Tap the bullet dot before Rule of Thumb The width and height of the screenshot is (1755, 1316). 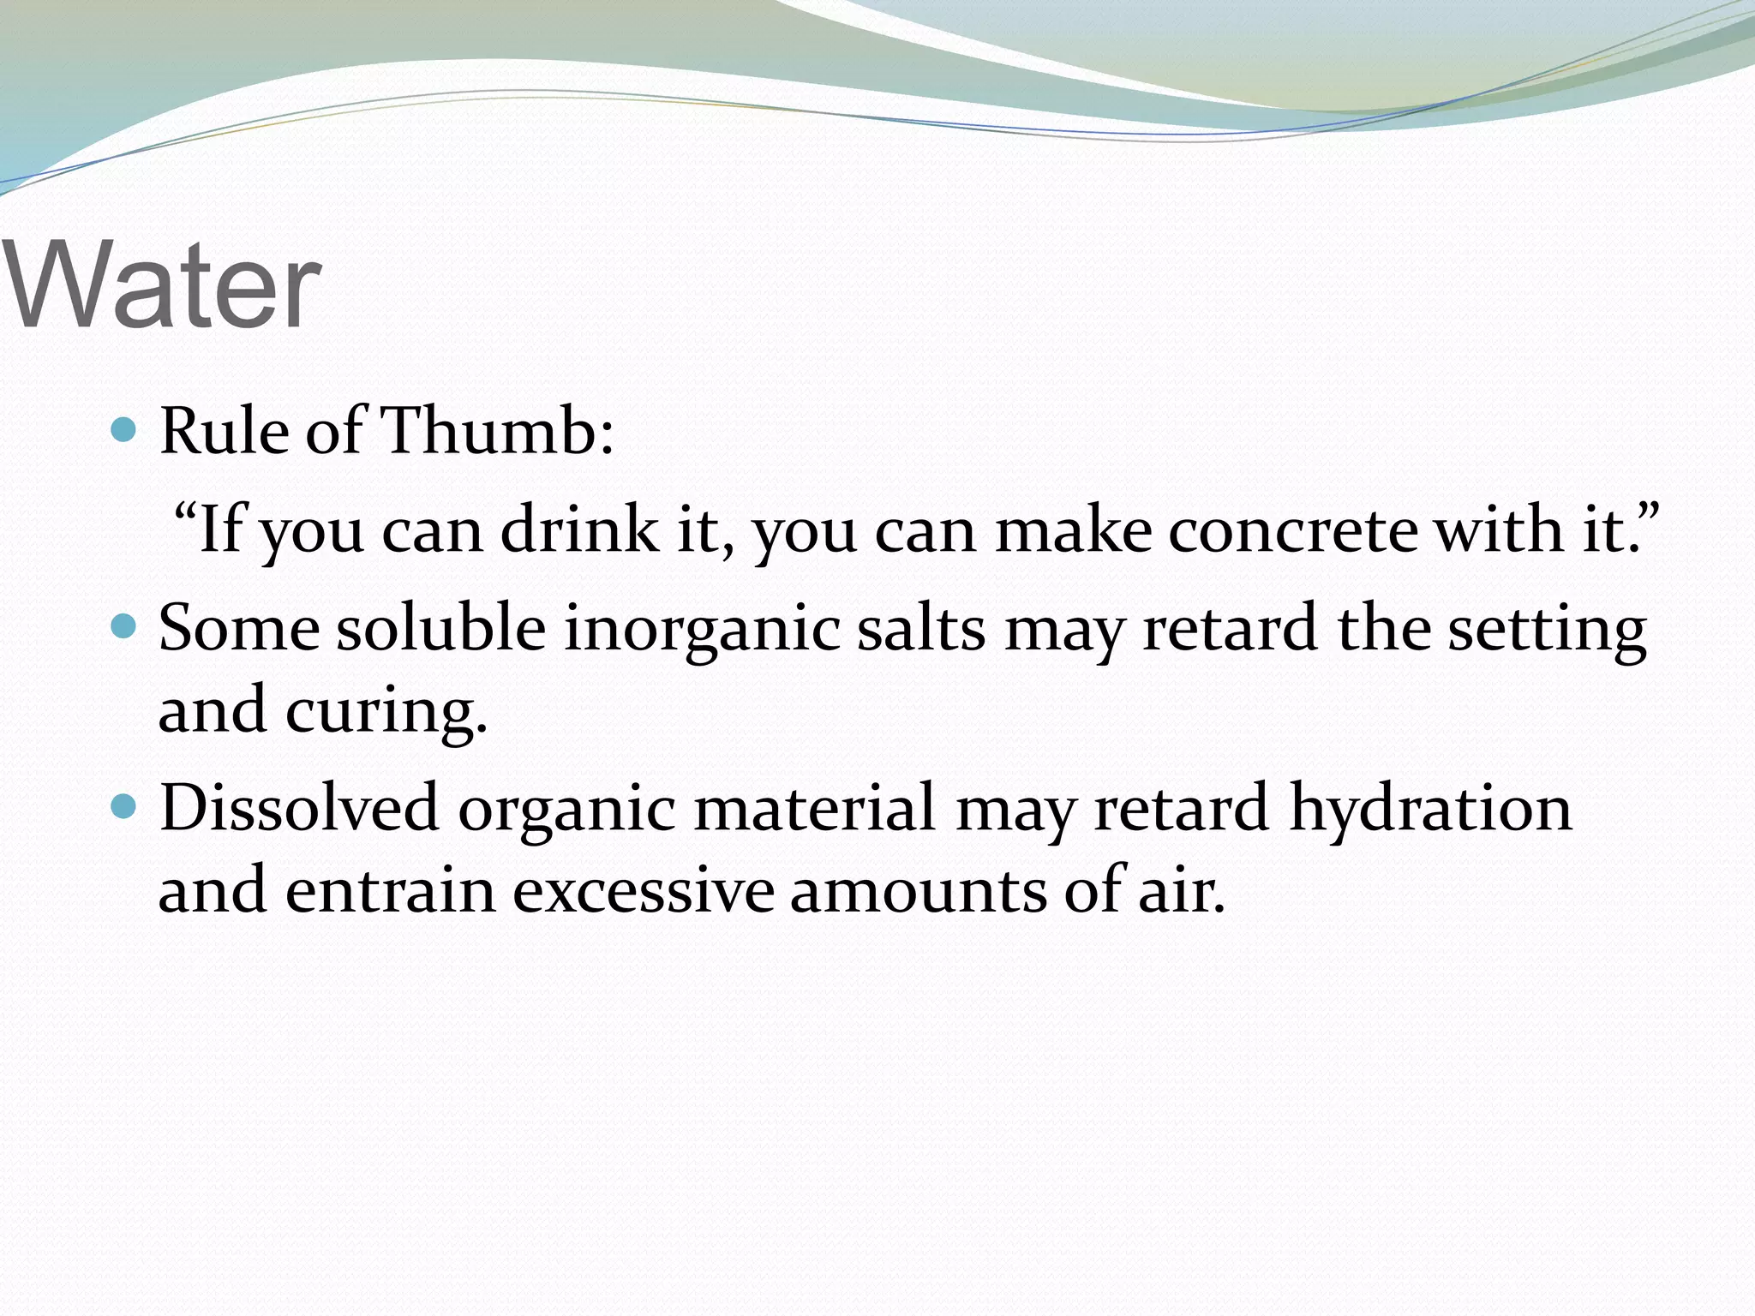pos(125,429)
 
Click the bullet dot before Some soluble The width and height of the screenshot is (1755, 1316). pos(125,627)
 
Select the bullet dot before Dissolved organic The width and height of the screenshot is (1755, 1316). pos(125,806)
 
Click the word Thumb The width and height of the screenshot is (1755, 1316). pos(497,430)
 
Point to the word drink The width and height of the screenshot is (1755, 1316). pos(579,529)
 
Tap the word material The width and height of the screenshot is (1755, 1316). pos(814,808)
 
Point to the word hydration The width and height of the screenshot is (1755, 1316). pos(1430,808)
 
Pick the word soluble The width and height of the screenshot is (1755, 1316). pos(440,628)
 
